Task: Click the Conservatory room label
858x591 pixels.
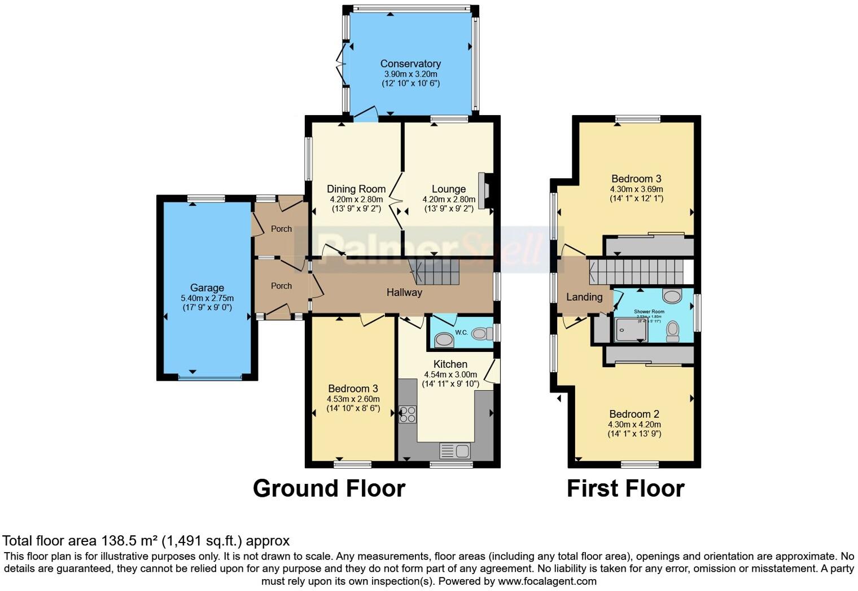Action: [x=410, y=64]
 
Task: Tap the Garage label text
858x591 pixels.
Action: [x=207, y=288]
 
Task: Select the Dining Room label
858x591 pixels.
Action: [x=356, y=189]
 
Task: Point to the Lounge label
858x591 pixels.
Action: [x=449, y=189]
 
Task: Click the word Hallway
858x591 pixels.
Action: [x=404, y=292]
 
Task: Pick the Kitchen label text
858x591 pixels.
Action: [x=450, y=364]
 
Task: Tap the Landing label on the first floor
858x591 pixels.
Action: [x=584, y=297]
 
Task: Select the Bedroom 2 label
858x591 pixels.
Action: [x=634, y=414]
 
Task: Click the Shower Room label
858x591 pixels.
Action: [x=649, y=311]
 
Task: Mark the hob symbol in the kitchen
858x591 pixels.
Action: [x=408, y=414]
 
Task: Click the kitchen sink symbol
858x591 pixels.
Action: [x=455, y=451]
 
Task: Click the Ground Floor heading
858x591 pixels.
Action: [x=329, y=488]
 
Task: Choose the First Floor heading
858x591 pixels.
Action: [x=625, y=488]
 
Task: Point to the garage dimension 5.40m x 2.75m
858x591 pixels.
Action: [x=207, y=298]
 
